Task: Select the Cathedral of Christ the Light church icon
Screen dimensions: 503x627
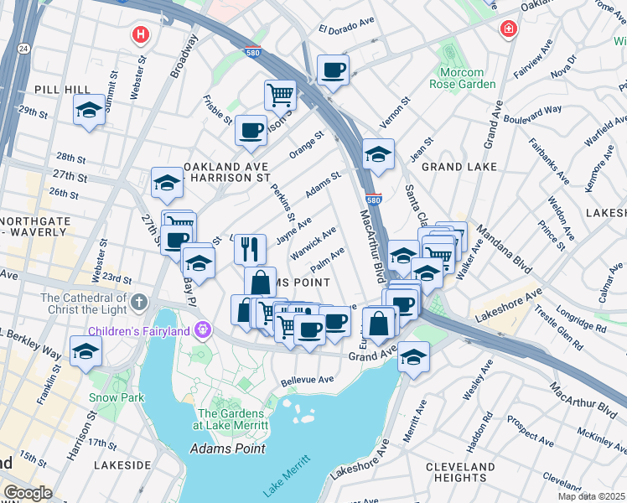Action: tap(139, 300)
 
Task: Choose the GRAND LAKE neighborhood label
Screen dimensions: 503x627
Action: tap(454, 167)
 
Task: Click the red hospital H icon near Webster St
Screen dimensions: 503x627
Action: tap(141, 34)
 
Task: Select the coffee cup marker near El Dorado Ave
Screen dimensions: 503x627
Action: tap(333, 71)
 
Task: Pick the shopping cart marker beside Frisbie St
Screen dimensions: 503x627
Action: tap(280, 94)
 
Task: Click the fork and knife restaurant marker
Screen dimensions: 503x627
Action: tap(250, 248)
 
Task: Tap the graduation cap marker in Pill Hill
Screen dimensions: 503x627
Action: tap(88, 111)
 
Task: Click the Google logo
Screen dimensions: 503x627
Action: tap(28, 492)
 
